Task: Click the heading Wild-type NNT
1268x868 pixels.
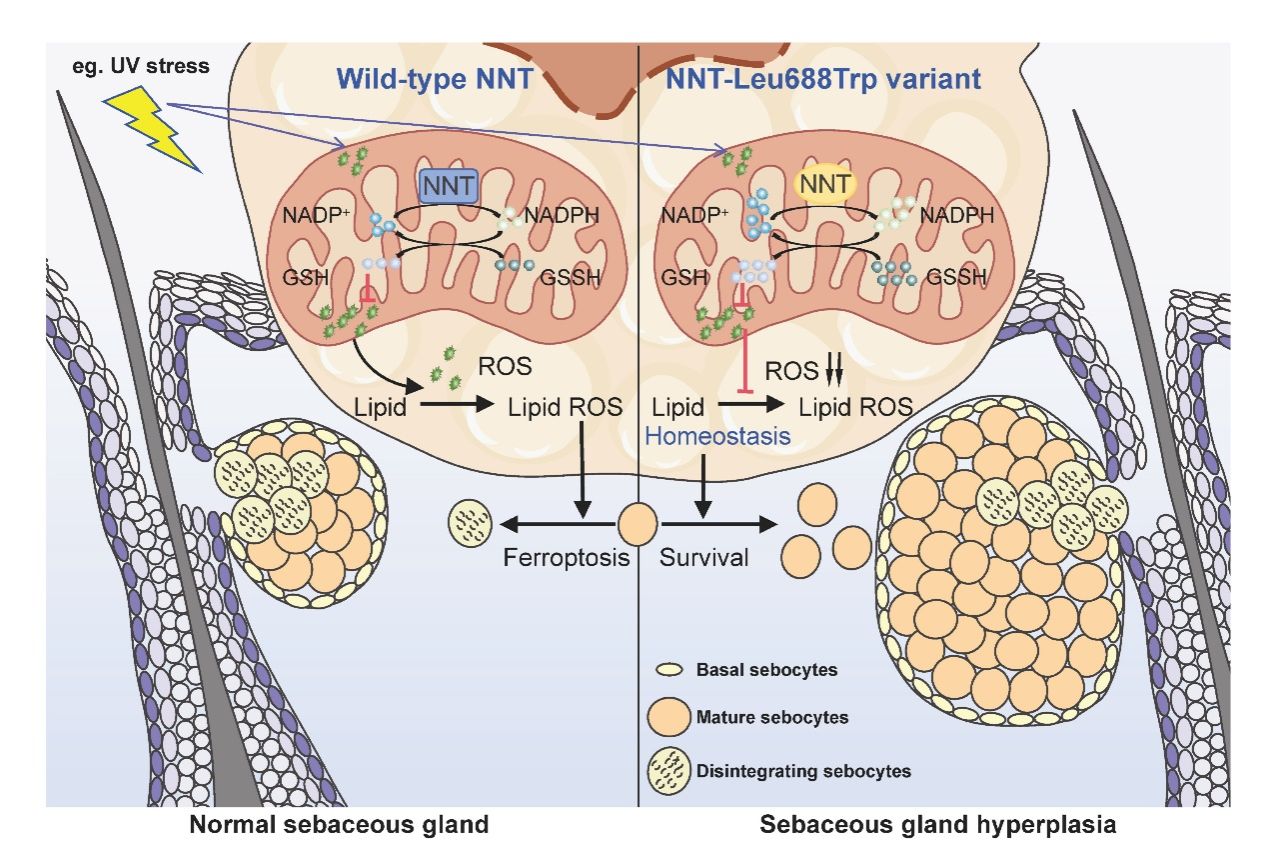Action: coord(428,78)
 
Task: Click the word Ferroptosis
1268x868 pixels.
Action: coord(566,557)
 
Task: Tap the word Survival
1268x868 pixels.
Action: coord(704,557)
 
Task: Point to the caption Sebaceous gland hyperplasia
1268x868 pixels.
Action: coord(938,826)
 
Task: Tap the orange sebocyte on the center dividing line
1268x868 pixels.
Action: coord(638,523)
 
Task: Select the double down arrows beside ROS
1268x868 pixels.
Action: coord(836,372)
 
